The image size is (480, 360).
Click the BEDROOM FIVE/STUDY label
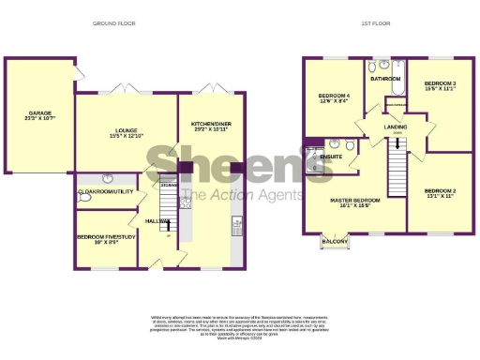coord(103,239)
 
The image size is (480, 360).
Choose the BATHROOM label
coord(384,80)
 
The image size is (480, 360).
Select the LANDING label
coord(394,126)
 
